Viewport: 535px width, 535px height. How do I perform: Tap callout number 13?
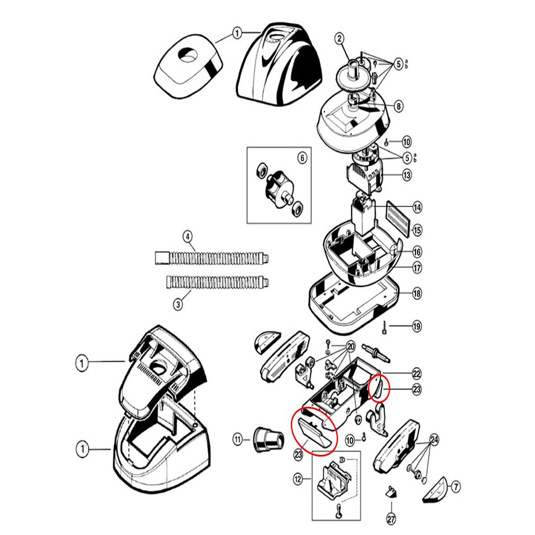coord(407,175)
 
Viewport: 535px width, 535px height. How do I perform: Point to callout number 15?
coord(417,230)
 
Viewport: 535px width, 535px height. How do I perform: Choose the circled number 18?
coord(417,293)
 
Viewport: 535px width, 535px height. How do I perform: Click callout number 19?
coord(416,326)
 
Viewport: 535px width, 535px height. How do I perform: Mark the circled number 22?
coord(416,374)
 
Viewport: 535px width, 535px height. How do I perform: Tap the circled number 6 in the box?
coord(301,158)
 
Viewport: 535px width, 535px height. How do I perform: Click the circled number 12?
coord(298,480)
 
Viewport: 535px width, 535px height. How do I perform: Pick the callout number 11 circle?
coord(238,440)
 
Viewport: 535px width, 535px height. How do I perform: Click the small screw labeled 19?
coord(383,328)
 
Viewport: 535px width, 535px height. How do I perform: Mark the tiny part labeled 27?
coord(391,492)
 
